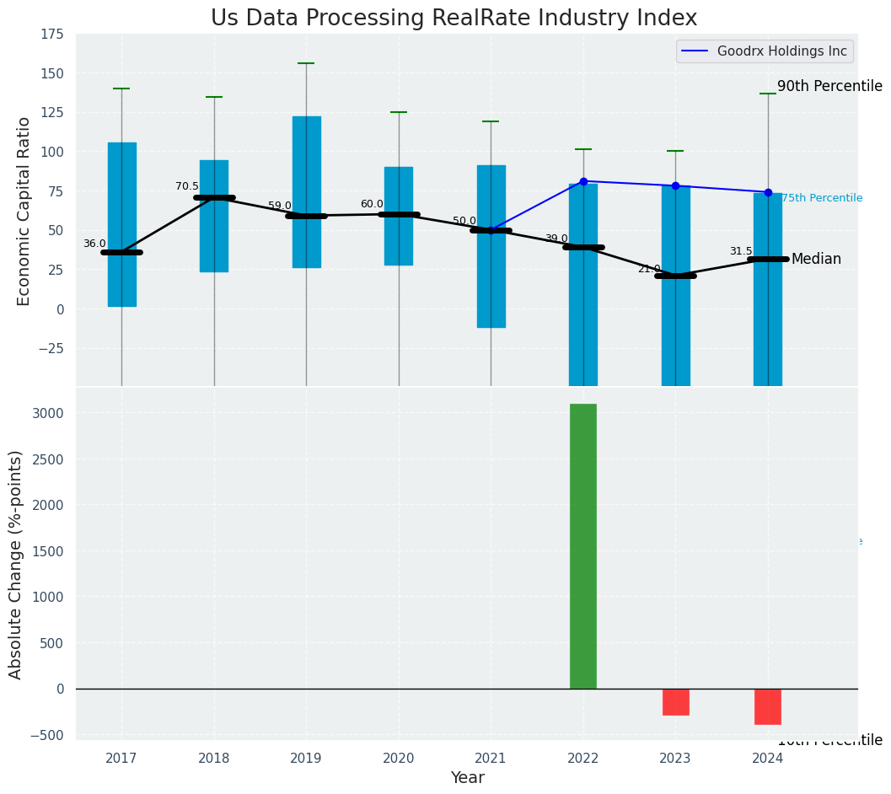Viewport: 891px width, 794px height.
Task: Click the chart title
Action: [x=454, y=19]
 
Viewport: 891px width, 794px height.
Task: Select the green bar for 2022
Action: [x=583, y=546]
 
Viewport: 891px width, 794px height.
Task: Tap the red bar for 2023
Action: [x=675, y=702]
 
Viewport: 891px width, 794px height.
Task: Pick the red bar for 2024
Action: [x=768, y=706]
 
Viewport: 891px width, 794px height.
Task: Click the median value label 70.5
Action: [x=187, y=186]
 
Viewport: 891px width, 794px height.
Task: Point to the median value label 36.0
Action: [x=94, y=244]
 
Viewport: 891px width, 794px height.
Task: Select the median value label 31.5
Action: [x=741, y=251]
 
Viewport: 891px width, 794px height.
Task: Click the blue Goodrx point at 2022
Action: [x=583, y=181]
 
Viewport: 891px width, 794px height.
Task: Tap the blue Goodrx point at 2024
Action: [x=768, y=192]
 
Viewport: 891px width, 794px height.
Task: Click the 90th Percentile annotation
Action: [x=829, y=86]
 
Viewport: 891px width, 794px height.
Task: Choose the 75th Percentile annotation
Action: [x=822, y=198]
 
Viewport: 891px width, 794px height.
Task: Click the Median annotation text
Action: [x=816, y=259]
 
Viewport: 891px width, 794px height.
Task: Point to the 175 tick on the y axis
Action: [x=51, y=34]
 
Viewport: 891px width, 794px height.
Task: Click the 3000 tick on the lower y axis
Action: [x=48, y=413]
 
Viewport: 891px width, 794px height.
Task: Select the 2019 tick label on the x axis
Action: [x=306, y=758]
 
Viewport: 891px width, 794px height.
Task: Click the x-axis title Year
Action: [x=467, y=778]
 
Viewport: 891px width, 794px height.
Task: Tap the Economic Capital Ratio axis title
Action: [x=24, y=211]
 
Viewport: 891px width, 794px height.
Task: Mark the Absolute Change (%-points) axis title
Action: [x=15, y=564]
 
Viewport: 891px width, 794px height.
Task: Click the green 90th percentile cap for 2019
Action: [x=306, y=63]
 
